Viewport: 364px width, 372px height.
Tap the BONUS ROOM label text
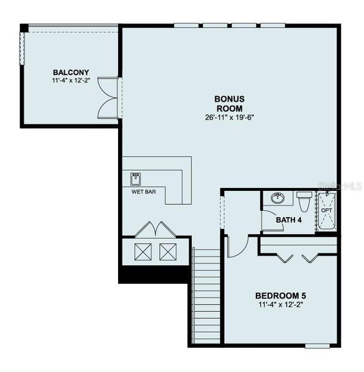[x=229, y=103]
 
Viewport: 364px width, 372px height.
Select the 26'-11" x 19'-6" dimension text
[x=229, y=118]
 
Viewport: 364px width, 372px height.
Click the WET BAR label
[x=143, y=192]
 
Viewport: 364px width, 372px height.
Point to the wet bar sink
[x=136, y=179]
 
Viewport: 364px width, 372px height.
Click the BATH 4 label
[x=289, y=219]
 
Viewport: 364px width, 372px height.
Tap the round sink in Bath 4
[x=278, y=198]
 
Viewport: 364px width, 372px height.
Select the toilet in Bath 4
[x=304, y=201]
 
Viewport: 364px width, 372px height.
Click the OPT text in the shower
[x=327, y=211]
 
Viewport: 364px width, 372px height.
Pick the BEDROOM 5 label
[x=280, y=295]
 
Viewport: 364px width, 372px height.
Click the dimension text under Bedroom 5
[x=280, y=305]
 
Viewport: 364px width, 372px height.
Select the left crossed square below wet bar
[x=143, y=252]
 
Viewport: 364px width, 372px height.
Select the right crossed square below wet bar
[x=168, y=252]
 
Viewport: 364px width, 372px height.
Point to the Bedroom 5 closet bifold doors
[x=297, y=257]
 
